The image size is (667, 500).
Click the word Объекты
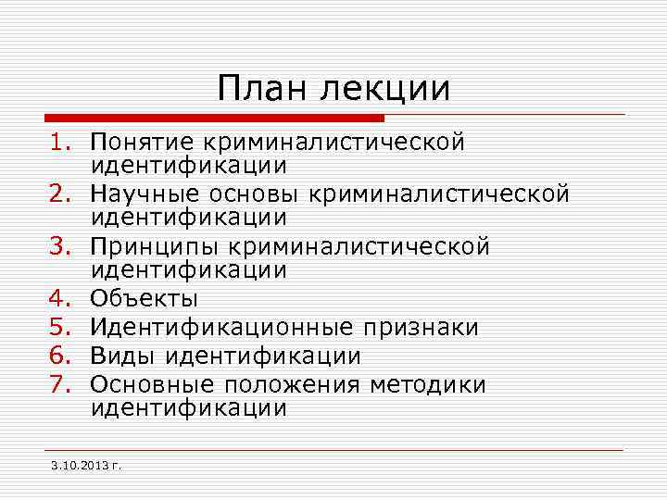click(x=144, y=299)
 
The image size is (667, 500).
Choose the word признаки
click(x=420, y=328)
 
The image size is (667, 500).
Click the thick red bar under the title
click(x=213, y=119)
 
